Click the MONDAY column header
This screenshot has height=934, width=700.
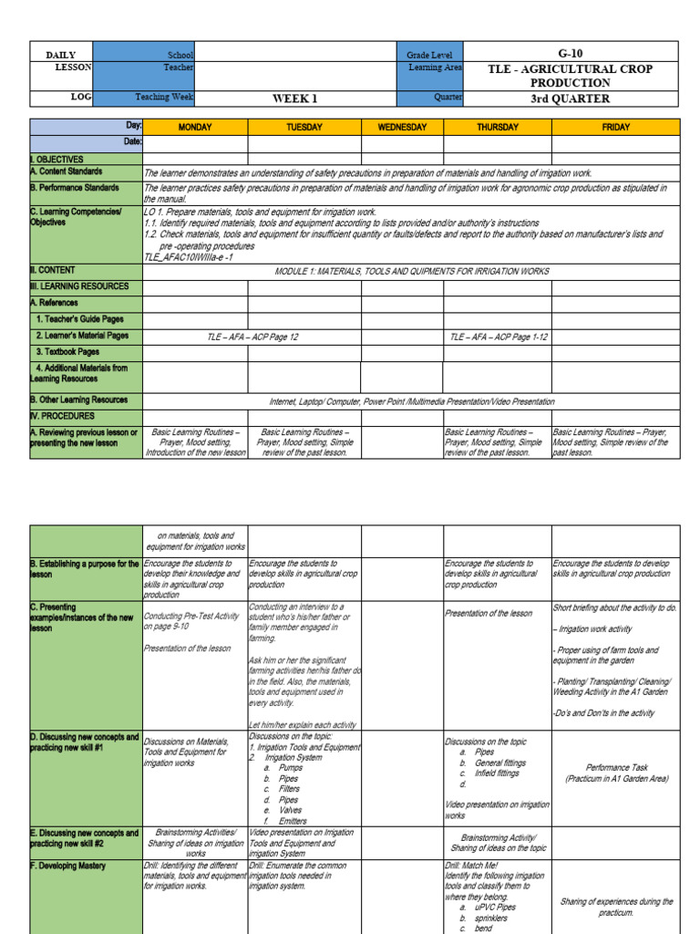[x=195, y=128]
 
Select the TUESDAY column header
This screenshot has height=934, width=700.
[x=304, y=128]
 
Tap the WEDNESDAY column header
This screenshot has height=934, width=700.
[x=402, y=128]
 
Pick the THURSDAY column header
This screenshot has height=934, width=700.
[x=498, y=128]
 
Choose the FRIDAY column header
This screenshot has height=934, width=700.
[x=615, y=128]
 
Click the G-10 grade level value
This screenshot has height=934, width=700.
[x=571, y=54]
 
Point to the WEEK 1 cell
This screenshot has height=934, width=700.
[x=295, y=99]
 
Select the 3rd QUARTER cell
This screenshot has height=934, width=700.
[x=571, y=99]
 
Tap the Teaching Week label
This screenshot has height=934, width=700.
[x=164, y=97]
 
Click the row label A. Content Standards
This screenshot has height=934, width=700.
[x=66, y=171]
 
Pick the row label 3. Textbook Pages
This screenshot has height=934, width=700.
[x=67, y=351]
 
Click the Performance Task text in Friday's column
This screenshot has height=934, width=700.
[x=615, y=768]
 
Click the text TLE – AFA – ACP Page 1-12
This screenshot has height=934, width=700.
[x=497, y=336]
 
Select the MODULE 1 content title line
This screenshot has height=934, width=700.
[x=410, y=272]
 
